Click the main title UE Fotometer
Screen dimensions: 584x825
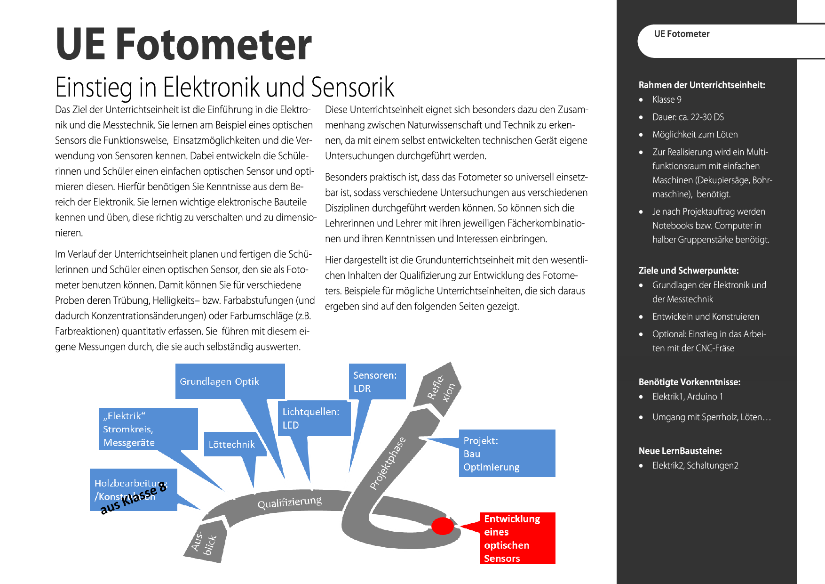coord(183,44)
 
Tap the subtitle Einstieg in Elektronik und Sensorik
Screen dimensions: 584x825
coord(224,87)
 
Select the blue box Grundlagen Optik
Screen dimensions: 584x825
coord(230,381)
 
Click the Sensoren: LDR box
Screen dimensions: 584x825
coord(377,381)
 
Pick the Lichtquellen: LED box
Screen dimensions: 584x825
coord(314,418)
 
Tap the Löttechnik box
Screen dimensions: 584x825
coord(232,444)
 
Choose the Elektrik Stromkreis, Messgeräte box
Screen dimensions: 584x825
coord(148,429)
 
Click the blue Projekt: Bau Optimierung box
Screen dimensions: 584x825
coord(507,453)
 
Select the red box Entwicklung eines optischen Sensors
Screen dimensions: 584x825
coord(517,538)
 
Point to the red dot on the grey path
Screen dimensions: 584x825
coord(442,526)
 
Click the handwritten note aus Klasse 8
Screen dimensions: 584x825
coord(134,498)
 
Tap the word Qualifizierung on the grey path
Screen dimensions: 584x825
coord(289,502)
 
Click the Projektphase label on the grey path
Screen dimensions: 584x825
coord(387,463)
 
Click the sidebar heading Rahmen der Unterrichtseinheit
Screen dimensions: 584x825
coord(701,85)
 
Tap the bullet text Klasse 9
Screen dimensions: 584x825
coord(666,99)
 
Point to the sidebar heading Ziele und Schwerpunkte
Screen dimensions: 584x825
coord(688,270)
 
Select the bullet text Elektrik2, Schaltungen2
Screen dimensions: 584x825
coord(695,465)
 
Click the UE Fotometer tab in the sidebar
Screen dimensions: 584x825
coord(682,34)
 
